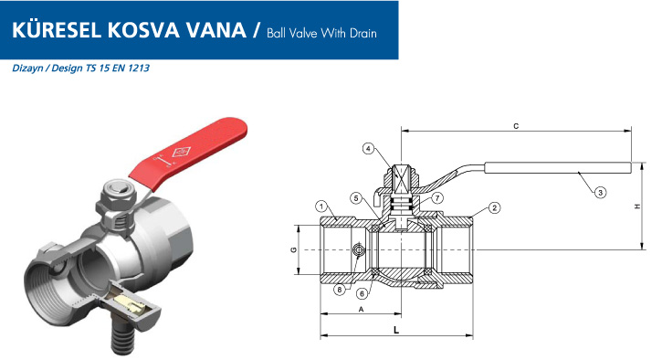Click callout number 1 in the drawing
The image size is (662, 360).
(x=321, y=206)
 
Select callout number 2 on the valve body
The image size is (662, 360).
(x=494, y=207)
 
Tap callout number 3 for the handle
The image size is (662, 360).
(x=600, y=193)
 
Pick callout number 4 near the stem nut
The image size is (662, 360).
(x=369, y=149)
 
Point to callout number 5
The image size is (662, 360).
(x=356, y=197)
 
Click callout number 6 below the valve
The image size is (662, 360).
(x=362, y=293)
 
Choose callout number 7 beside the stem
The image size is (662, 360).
(x=437, y=197)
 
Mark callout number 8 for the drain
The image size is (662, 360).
(x=340, y=290)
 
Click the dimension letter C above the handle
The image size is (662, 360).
(x=516, y=126)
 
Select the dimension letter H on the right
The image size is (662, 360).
(x=637, y=206)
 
